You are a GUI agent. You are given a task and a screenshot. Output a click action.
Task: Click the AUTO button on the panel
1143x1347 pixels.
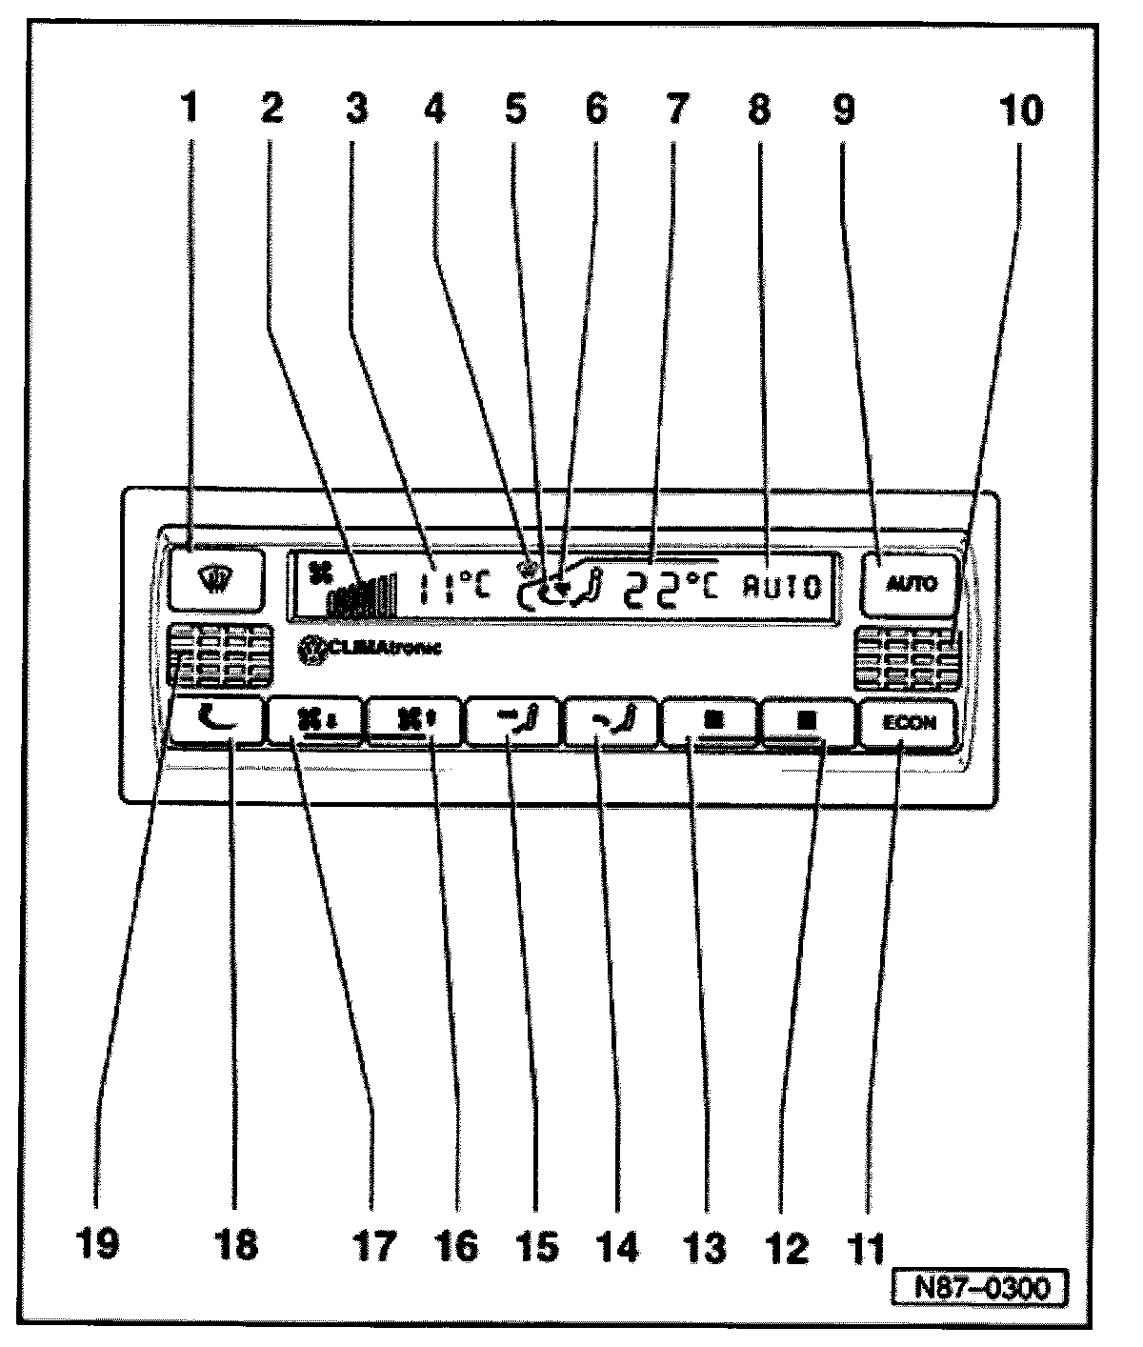pos(898,584)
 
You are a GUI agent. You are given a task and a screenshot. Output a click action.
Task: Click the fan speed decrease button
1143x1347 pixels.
pos(315,722)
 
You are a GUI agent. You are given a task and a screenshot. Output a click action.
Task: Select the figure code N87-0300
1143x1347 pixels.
pos(979,1288)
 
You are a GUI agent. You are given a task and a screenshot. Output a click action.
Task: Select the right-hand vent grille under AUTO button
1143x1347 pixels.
pos(904,658)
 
